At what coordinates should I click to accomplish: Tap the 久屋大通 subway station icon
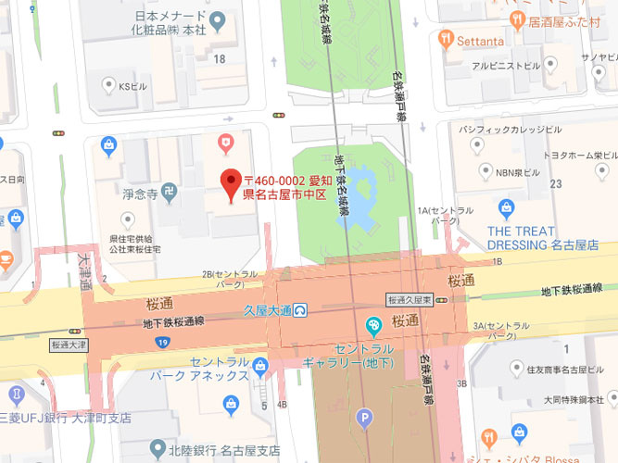point(302,310)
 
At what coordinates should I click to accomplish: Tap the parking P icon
point(365,418)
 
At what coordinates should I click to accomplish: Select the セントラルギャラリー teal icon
point(373,325)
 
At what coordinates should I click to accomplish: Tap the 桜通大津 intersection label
point(69,344)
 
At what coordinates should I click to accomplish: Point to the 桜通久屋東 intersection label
point(410,300)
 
